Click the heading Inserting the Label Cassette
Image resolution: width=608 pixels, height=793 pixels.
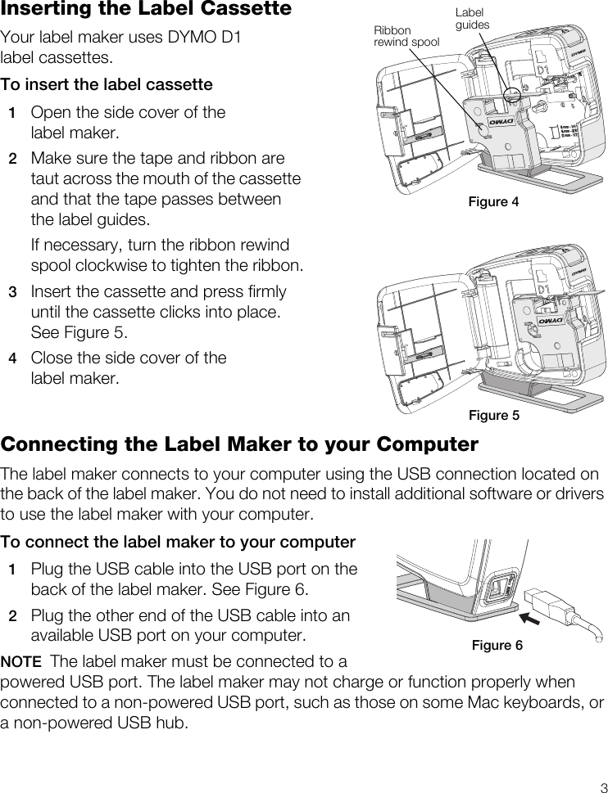tap(146, 10)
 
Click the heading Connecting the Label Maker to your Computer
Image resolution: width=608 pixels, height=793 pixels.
tap(239, 444)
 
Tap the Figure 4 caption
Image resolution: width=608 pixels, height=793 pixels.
tap(493, 202)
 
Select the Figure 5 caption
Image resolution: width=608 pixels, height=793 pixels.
tap(493, 416)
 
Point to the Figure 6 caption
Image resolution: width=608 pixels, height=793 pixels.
tap(497, 646)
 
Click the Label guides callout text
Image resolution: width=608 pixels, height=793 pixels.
tap(471, 19)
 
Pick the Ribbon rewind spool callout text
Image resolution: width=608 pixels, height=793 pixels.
tap(406, 37)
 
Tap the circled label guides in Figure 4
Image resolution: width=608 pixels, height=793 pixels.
tap(514, 95)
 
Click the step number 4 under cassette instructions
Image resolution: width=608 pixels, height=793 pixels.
tap(12, 358)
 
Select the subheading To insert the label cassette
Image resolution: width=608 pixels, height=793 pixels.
tap(107, 85)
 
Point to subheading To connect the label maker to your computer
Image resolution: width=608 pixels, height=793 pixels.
tap(178, 543)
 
